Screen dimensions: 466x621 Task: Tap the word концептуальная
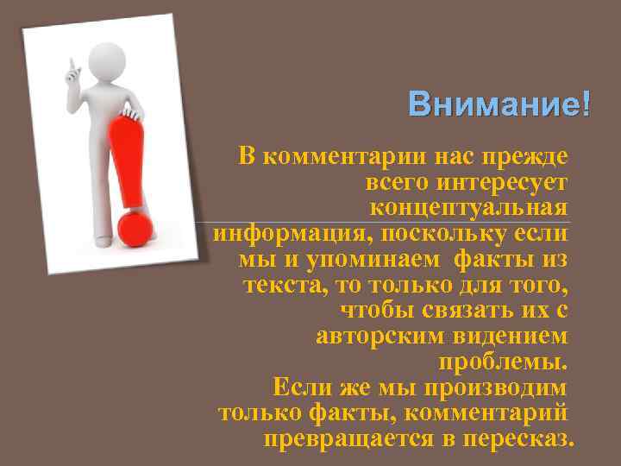click(x=469, y=208)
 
